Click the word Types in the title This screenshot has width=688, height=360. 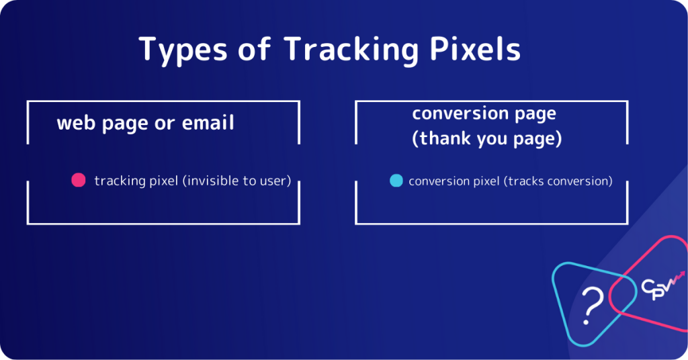pyautogui.click(x=177, y=50)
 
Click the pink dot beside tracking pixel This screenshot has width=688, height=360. pyautogui.click(x=79, y=180)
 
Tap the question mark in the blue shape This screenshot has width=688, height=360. pyautogui.click(x=591, y=306)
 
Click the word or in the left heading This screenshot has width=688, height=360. pyautogui.click(x=163, y=124)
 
